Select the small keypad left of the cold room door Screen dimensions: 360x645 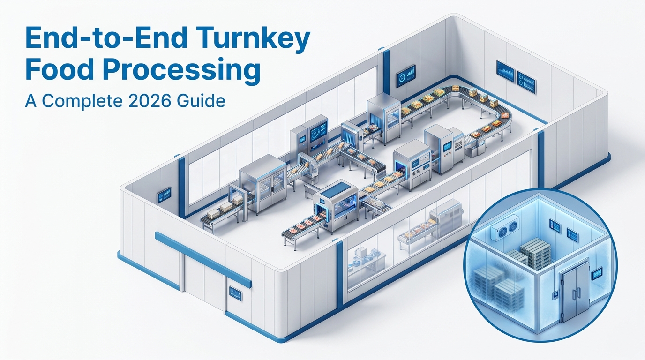click(x=554, y=296)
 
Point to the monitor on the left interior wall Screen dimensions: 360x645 click(x=165, y=194)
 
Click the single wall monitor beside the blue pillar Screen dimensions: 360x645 click(x=405, y=75)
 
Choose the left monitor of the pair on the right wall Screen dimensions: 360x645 click(x=505, y=72)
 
